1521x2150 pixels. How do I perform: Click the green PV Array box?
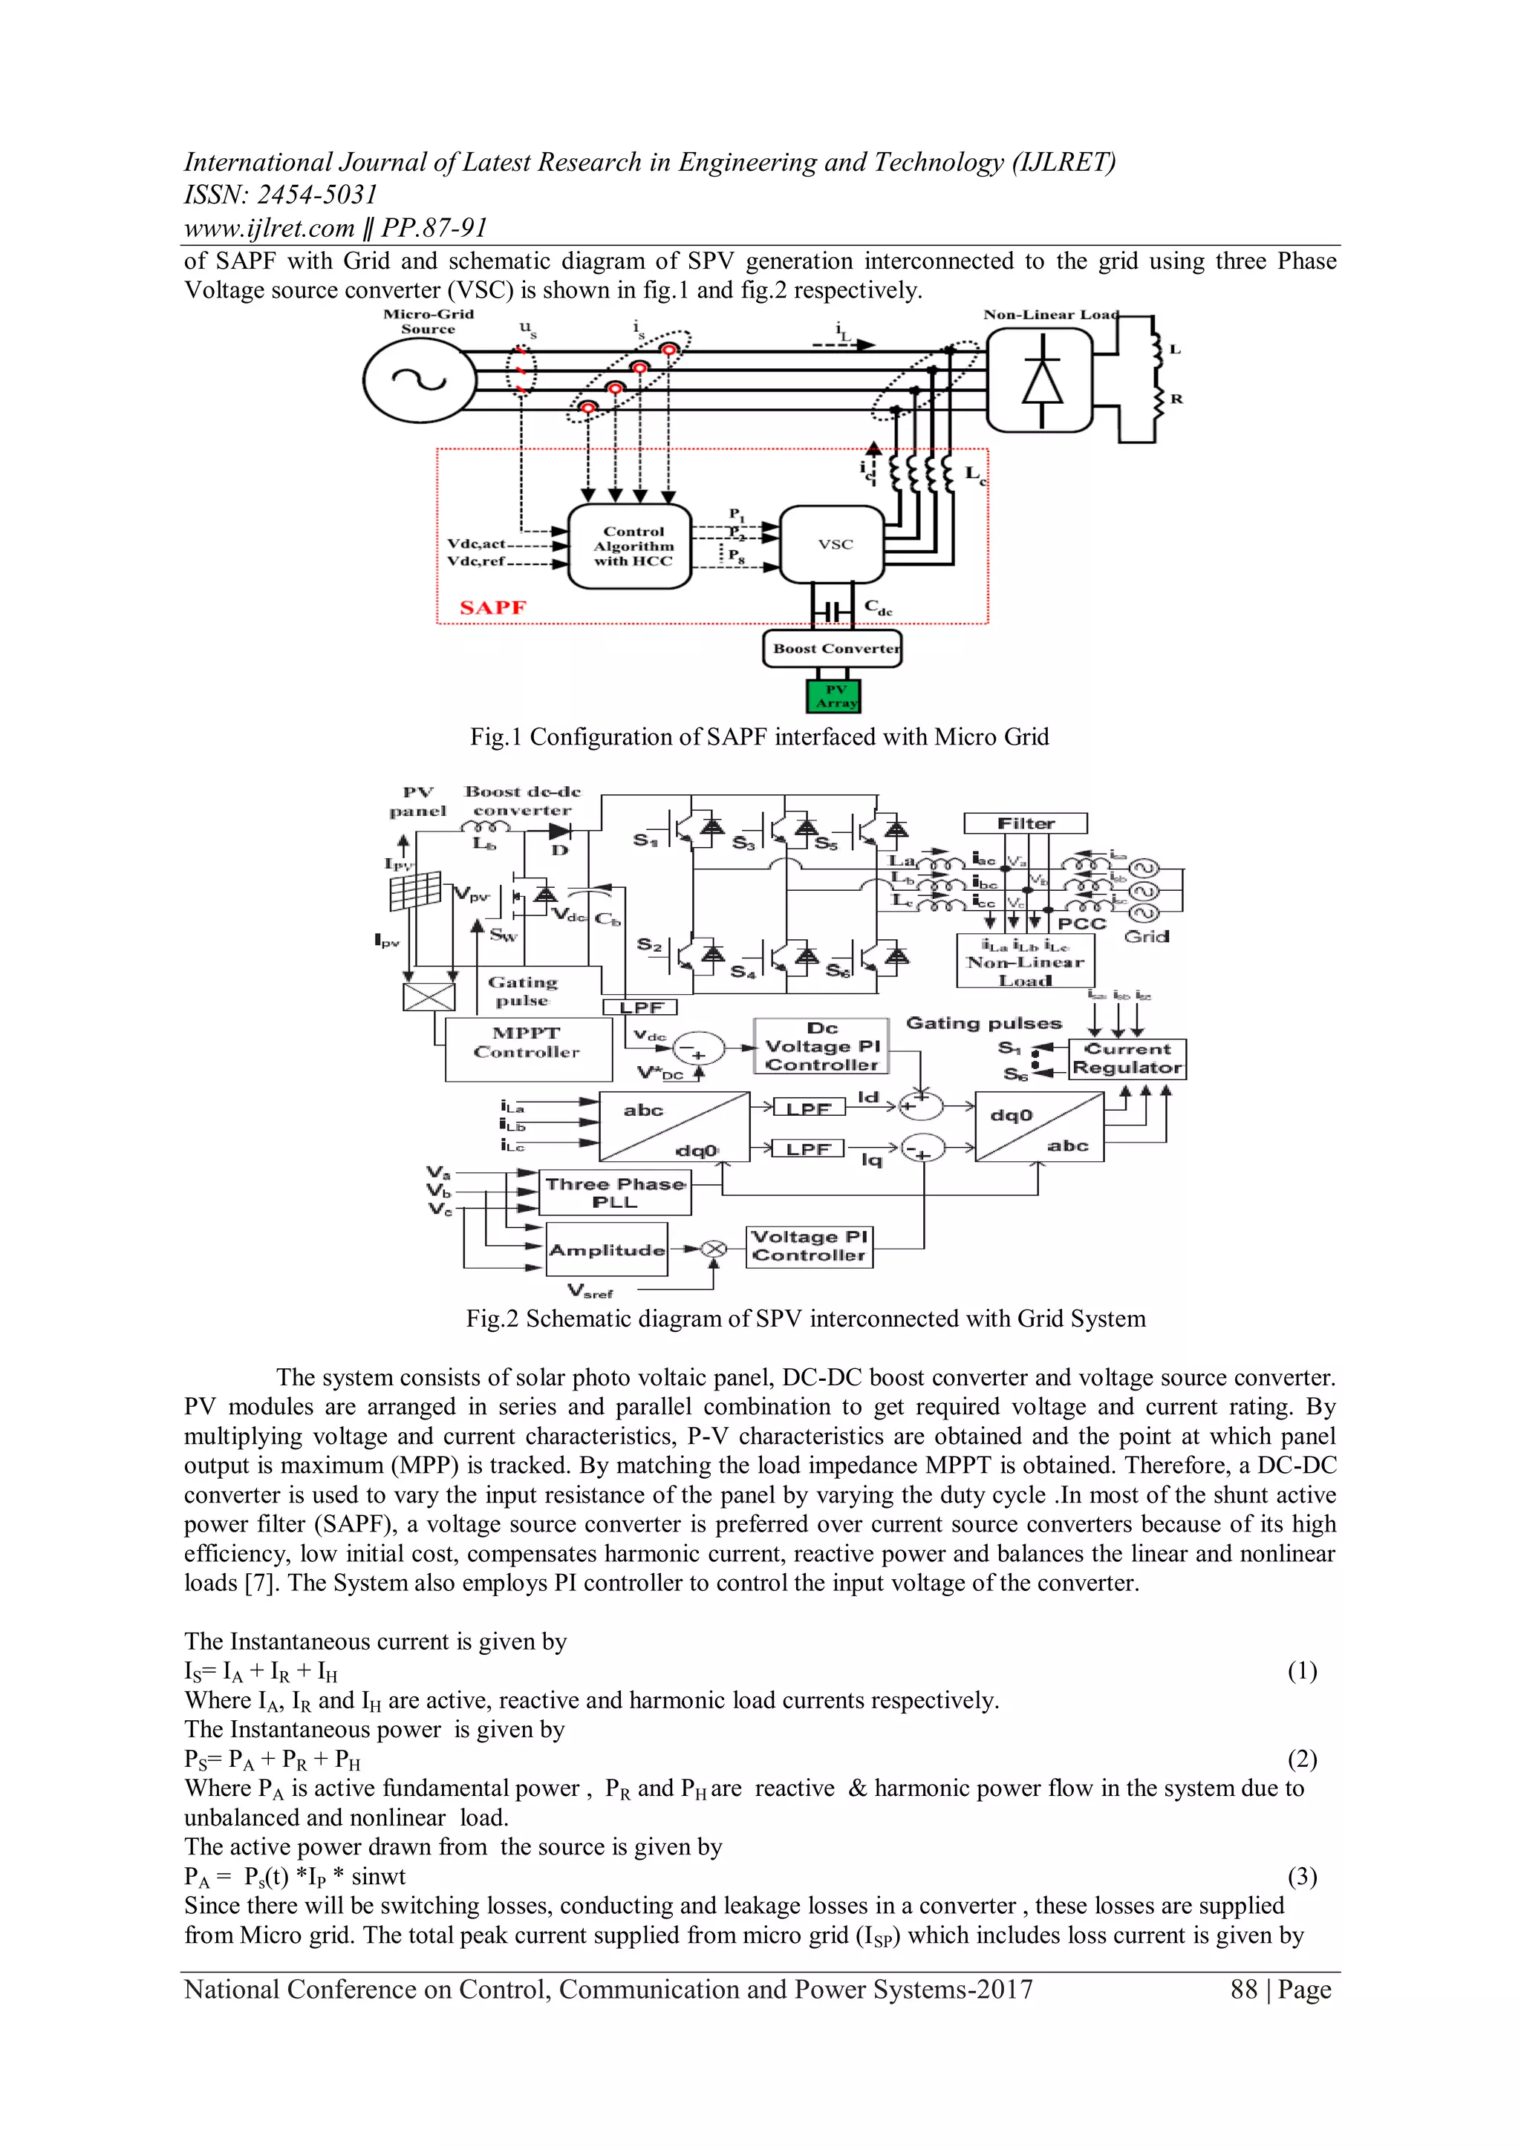(833, 696)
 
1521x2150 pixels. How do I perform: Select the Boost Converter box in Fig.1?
(833, 649)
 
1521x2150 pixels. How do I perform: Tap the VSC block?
(833, 544)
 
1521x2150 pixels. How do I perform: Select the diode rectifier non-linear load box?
(1040, 380)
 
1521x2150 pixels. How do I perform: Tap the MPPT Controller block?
(527, 1049)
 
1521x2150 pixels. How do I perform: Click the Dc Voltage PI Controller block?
(821, 1046)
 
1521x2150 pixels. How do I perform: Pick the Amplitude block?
(607, 1250)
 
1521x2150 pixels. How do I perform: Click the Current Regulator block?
(1127, 1059)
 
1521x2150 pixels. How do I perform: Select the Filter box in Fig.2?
(1026, 823)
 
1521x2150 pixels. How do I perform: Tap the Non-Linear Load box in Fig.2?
(1025, 963)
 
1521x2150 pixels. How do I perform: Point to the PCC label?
(1082, 924)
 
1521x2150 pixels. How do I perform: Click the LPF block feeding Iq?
(807, 1149)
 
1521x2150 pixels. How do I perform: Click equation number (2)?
(1302, 1759)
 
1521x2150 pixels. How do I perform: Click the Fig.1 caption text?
(760, 737)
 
